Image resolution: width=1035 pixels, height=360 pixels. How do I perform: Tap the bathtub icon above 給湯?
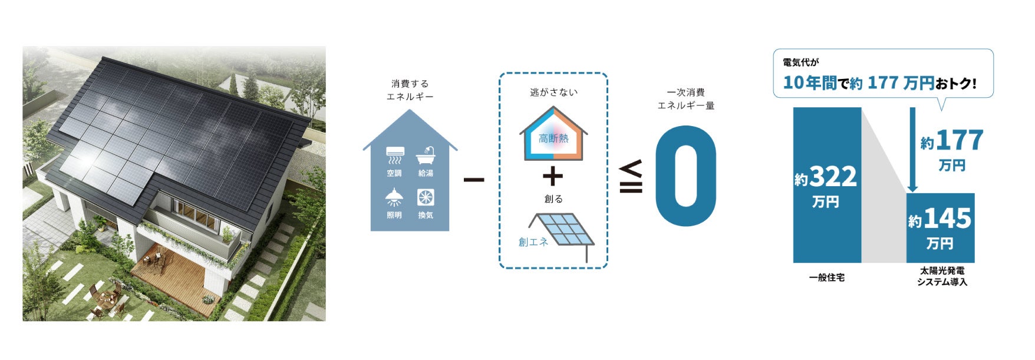pos(426,156)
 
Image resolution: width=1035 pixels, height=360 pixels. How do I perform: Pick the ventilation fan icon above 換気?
pos(426,197)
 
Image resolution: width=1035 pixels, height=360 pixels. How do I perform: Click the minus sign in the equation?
pos(474,179)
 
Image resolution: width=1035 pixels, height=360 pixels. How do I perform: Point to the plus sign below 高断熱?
pos(552,176)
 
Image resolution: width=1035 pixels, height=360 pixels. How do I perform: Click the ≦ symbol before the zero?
pos(631,177)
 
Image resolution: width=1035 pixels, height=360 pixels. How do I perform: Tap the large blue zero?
pos(685,176)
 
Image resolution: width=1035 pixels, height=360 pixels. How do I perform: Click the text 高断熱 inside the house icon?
pos(553,139)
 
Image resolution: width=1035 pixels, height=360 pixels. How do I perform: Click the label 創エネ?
pos(533,242)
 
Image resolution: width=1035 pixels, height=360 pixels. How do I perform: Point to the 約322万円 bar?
pos(826,185)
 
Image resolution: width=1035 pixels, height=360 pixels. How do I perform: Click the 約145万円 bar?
pos(940,227)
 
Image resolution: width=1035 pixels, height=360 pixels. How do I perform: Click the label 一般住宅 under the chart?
pos(826,278)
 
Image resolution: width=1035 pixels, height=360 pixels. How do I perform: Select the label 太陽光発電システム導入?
pos(942,276)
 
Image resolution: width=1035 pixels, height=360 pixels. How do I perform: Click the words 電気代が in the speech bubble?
pos(800,62)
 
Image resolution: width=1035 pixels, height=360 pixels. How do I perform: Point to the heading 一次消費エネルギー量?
pos(685,99)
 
